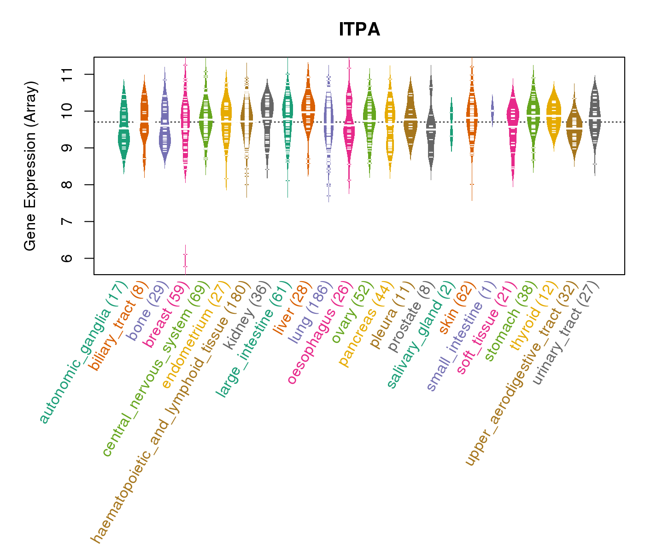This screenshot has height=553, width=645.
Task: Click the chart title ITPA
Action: [359, 29]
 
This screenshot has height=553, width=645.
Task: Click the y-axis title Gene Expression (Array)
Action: [30, 166]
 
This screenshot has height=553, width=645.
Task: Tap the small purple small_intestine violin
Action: [493, 111]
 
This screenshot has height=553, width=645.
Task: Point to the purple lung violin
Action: [328, 124]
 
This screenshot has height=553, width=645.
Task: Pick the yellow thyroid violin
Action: [554, 115]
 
